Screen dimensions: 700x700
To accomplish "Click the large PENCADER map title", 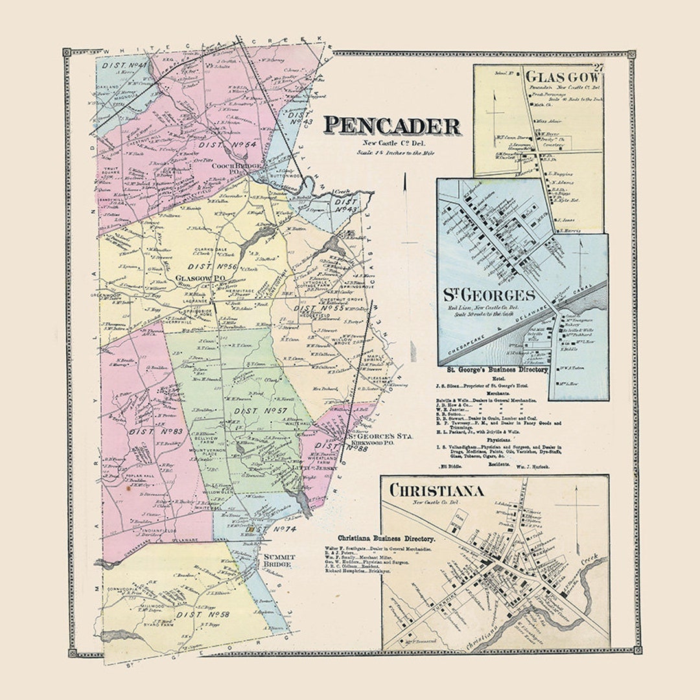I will pyautogui.click(x=392, y=126).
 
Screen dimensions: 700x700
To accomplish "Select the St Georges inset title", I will pyautogui.click(x=489, y=296).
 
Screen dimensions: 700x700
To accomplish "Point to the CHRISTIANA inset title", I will pyautogui.click(x=436, y=490).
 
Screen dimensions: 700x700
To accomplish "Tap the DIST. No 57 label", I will pyautogui.click(x=251, y=411).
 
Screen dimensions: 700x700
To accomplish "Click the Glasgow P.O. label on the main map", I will pyautogui.click(x=200, y=278).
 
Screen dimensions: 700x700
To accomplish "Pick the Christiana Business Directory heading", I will pyautogui.click(x=386, y=538).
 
